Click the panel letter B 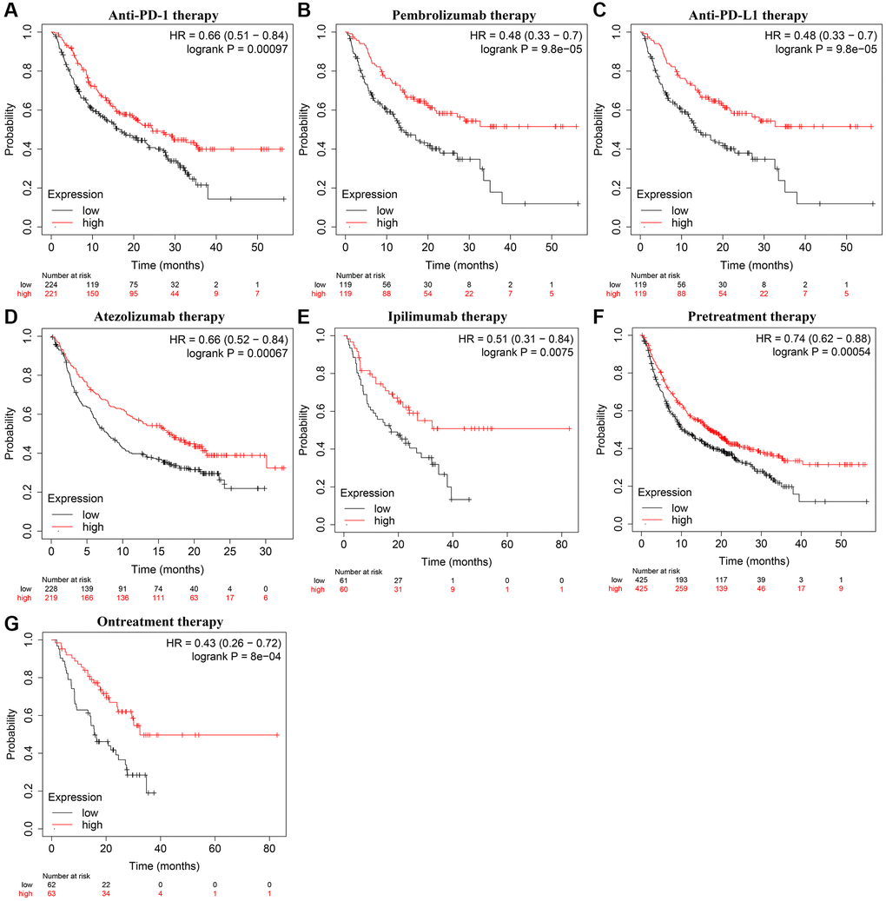[x=304, y=10]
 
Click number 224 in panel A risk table [x=51, y=283]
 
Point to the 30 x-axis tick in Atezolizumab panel [x=266, y=552]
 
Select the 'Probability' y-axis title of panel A [x=10, y=129]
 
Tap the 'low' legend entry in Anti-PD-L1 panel [x=678, y=210]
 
